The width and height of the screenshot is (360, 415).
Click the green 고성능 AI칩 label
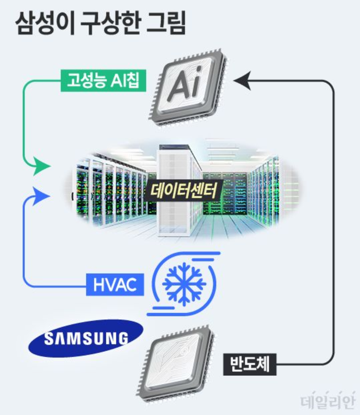point(103,81)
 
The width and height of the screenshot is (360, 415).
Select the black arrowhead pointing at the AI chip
point(242,81)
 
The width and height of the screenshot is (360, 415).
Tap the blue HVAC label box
point(115,285)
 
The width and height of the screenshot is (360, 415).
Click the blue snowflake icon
point(184,283)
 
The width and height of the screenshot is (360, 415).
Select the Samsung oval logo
point(86,338)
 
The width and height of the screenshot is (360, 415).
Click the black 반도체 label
point(250,364)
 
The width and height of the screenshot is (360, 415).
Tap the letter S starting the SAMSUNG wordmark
point(49,339)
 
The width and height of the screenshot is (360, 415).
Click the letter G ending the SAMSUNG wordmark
point(122,339)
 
